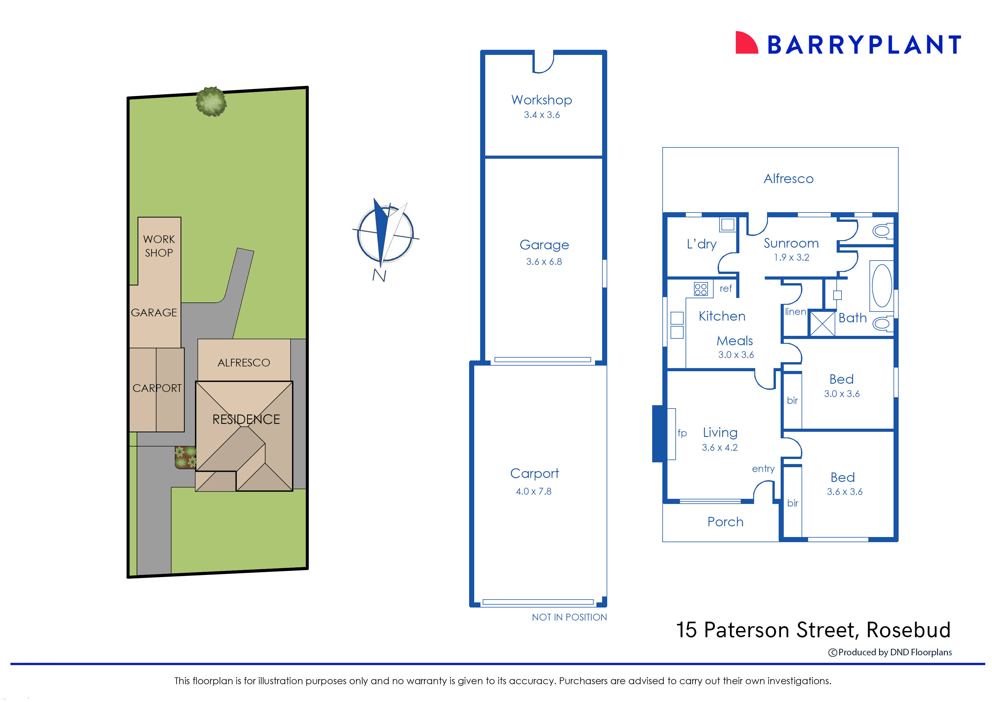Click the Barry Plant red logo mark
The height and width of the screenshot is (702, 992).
click(x=746, y=43)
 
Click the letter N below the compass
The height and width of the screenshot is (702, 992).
click(x=379, y=275)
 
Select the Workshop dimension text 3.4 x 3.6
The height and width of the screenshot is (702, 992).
click(x=542, y=115)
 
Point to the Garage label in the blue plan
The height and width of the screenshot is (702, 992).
click(x=544, y=245)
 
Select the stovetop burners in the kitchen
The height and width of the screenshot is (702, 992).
click(x=701, y=289)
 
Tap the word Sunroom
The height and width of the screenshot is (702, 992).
click(x=791, y=243)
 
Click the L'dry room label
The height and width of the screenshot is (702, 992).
click(x=701, y=244)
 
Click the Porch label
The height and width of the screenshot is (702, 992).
click(x=725, y=522)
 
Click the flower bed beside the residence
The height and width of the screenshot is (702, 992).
click(x=185, y=457)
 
